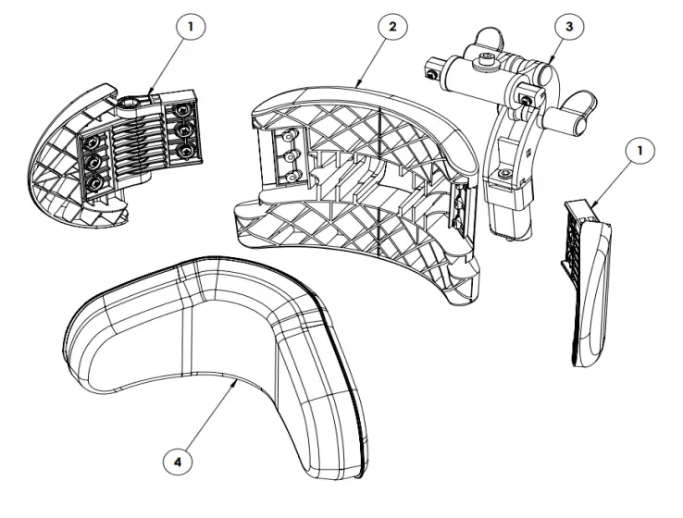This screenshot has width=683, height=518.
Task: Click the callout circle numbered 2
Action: (391, 27)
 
